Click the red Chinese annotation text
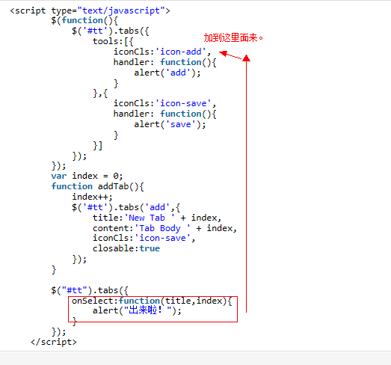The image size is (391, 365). point(233,37)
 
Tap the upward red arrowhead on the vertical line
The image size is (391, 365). point(247,58)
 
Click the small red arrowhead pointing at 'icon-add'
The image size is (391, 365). point(224,53)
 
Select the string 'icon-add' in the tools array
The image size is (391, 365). point(181,52)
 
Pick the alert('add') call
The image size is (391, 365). point(167,73)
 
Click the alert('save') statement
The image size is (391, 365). point(170,124)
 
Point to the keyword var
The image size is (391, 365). point(59,176)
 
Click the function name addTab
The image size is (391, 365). point(113,186)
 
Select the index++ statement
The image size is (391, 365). point(92,197)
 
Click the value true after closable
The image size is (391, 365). point(150,248)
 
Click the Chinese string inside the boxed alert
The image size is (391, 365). point(148,310)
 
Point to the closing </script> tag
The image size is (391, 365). point(54,342)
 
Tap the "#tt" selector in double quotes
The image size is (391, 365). point(75,290)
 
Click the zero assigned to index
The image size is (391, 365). point(116,176)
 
